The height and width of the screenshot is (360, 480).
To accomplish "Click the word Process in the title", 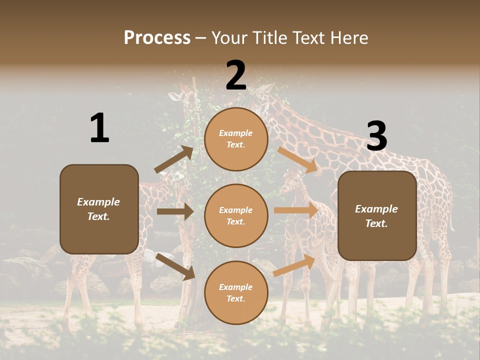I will pyautogui.click(x=157, y=38).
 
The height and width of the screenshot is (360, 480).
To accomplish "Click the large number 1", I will pyautogui.click(x=99, y=128).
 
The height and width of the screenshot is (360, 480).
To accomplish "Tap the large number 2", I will pyautogui.click(x=236, y=75).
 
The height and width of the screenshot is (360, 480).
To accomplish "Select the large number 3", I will pyautogui.click(x=376, y=136).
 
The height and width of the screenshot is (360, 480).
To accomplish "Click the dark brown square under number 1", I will pyautogui.click(x=99, y=209).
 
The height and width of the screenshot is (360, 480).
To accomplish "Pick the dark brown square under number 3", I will pyautogui.click(x=377, y=215).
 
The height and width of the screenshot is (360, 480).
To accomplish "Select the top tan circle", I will pyautogui.click(x=236, y=139).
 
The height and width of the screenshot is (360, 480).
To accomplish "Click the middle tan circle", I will pyautogui.click(x=236, y=215).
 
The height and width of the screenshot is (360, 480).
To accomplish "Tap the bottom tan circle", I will pyautogui.click(x=236, y=292).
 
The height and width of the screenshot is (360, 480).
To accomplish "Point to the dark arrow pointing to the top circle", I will pyautogui.click(x=173, y=159).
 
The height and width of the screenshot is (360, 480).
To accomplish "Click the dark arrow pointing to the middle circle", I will pyautogui.click(x=175, y=211).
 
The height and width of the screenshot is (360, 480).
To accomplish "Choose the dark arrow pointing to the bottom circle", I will pyautogui.click(x=175, y=266).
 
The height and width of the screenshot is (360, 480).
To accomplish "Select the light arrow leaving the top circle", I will pyautogui.click(x=297, y=159).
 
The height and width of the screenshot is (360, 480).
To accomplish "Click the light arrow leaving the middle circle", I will pyautogui.click(x=296, y=210).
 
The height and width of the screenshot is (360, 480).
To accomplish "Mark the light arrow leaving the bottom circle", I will pyautogui.click(x=294, y=265).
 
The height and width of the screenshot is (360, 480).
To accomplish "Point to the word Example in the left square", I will pyautogui.click(x=98, y=202).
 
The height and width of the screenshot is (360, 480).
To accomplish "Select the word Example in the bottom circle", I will pyautogui.click(x=236, y=287).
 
